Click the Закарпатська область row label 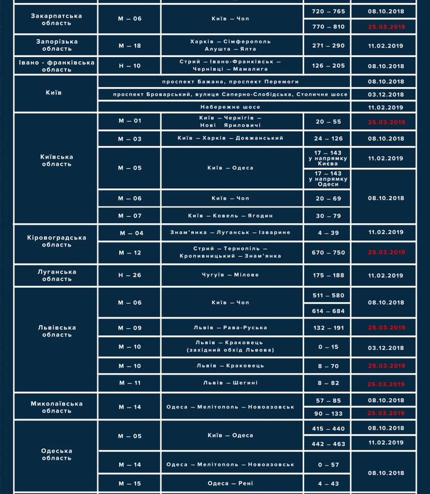(56, 19)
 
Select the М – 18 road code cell (129, 45)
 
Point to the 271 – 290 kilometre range (328, 45)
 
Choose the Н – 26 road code (129, 275)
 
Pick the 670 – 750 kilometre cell (328, 253)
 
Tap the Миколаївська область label (56, 407)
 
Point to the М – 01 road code (129, 121)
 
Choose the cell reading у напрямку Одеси (328, 179)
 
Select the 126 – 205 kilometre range (328, 66)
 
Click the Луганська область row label (56, 275)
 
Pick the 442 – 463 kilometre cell (328, 444)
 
